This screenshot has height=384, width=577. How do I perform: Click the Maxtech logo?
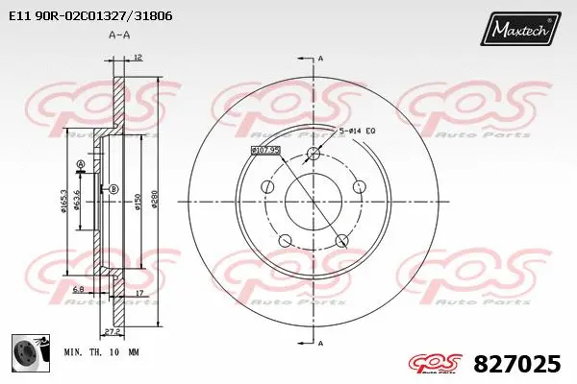(520, 31)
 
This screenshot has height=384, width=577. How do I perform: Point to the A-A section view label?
(119, 36)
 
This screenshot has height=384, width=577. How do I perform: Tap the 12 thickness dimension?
(138, 59)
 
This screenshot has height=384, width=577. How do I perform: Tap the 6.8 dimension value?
(78, 288)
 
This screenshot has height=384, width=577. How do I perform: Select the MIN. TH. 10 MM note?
(101, 353)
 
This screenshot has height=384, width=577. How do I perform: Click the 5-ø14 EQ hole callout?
(357, 130)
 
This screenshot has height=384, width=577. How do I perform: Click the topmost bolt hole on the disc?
(313, 154)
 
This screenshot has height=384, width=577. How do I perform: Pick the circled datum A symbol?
(80, 165)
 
